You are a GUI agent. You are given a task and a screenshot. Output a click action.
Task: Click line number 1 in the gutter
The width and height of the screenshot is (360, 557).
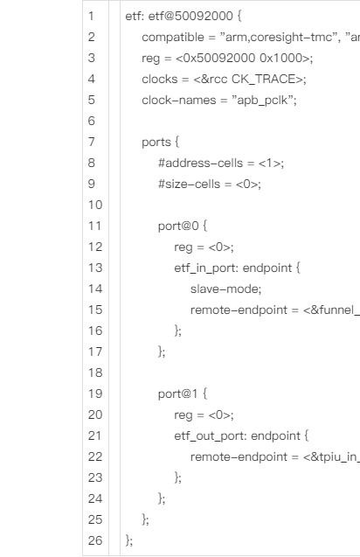click(91, 16)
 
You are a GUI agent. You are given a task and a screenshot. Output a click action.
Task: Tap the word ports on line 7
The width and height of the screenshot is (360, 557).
click(156, 143)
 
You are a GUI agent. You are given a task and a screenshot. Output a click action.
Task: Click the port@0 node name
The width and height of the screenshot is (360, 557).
click(178, 226)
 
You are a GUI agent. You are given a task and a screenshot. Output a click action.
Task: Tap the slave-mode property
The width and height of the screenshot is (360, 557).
click(225, 289)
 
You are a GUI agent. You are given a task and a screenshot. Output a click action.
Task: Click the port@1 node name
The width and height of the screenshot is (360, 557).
click(177, 394)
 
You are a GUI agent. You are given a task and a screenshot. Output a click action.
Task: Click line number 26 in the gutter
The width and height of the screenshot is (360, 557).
click(95, 540)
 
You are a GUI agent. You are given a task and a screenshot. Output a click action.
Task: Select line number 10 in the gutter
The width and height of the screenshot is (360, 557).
click(95, 205)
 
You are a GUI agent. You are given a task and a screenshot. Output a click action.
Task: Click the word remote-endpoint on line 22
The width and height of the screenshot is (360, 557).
click(239, 456)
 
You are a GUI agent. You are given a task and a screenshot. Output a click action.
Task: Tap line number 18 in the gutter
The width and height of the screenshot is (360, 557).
click(95, 372)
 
